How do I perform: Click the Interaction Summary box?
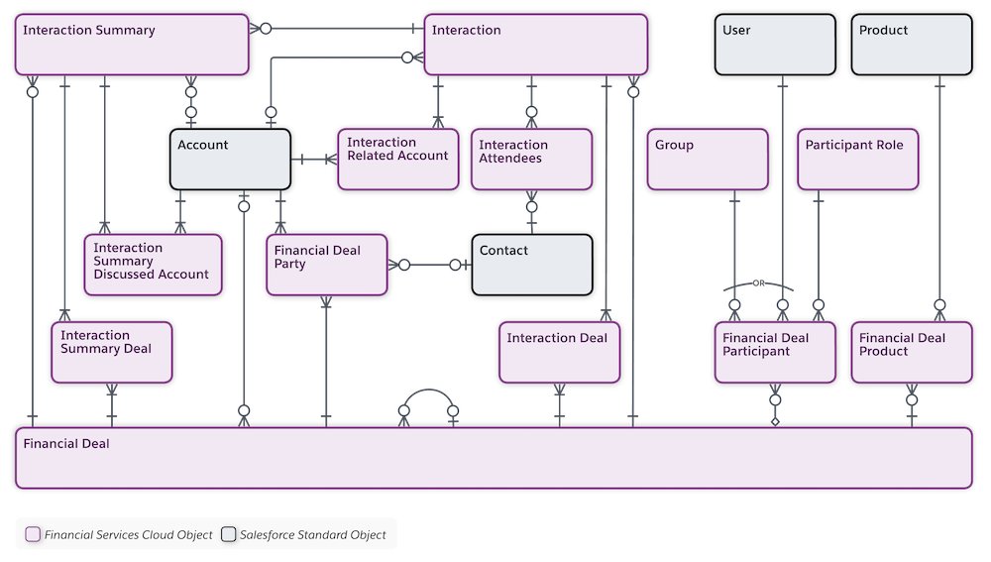131,45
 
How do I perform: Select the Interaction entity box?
536,45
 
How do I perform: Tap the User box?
775,45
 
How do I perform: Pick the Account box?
231,159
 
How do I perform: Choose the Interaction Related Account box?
398,159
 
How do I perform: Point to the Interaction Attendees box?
531,159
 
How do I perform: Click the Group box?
708,159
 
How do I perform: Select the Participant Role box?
859,159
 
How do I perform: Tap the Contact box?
532,265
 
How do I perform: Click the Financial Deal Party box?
326,265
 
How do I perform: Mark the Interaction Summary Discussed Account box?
153,265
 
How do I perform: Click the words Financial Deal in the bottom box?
65,444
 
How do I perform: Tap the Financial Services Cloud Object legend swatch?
33,534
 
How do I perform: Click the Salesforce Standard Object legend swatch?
228,534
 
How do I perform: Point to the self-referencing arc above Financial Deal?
428,392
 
